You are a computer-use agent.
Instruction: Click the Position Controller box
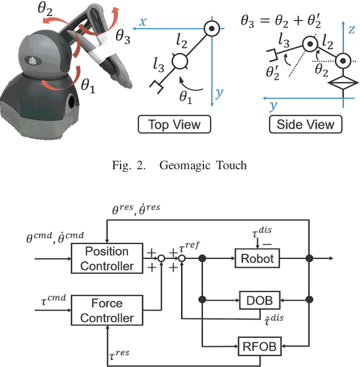coord(106,258)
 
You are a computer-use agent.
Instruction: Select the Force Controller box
coord(106,310)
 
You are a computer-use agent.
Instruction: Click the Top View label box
coord(171,124)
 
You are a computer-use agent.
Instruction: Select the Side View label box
coord(305,124)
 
